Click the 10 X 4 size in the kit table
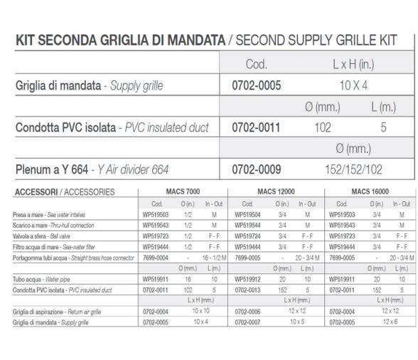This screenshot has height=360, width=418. (349, 86)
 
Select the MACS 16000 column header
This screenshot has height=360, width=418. (370, 191)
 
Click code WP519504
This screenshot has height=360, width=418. (248, 213)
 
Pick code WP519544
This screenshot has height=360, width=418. (248, 224)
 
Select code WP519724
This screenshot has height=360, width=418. (248, 235)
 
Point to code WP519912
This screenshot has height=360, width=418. (248, 280)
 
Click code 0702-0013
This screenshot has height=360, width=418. (248, 290)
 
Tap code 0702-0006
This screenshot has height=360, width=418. (248, 311)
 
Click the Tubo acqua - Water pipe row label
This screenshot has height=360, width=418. (38, 280)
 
